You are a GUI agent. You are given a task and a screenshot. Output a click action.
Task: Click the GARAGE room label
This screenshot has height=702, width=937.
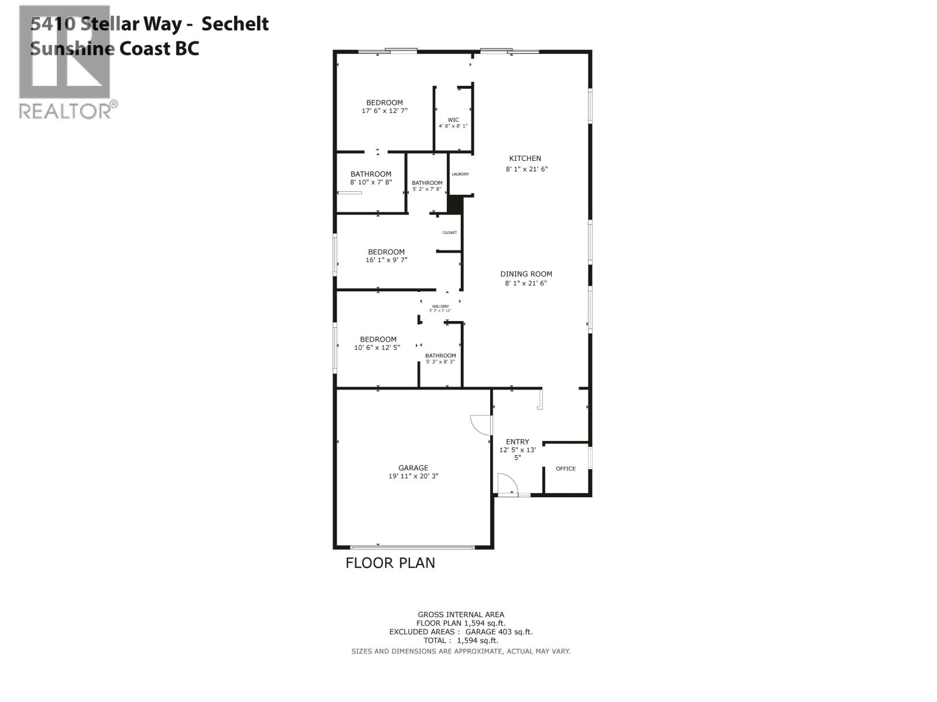(413, 468)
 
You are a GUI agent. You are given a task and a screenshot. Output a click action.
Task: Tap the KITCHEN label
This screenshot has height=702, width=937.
(525, 159)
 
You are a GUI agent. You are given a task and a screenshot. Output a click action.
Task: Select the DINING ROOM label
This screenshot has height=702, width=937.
(526, 274)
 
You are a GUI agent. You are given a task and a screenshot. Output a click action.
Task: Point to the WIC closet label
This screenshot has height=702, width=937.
(453, 120)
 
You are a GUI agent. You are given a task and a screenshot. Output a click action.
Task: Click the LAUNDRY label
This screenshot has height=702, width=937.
(460, 174)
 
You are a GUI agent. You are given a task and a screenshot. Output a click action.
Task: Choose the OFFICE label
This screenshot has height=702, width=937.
(566, 469)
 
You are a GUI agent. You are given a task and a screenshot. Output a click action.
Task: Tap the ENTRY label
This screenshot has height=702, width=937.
(518, 442)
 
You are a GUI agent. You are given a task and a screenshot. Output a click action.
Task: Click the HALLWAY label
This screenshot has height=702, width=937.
(440, 306)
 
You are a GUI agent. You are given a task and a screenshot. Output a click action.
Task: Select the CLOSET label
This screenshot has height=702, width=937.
(450, 233)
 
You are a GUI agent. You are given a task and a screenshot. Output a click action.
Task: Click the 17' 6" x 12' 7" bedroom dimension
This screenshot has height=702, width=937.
(385, 111)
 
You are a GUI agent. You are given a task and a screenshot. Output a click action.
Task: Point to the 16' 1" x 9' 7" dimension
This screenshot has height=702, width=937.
(387, 260)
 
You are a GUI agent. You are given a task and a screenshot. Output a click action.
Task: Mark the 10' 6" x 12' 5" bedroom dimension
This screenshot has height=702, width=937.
(378, 347)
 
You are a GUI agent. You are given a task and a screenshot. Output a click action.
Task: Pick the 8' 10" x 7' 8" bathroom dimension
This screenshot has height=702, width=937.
(371, 183)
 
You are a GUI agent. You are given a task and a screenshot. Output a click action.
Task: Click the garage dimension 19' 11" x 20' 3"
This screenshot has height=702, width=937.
(413, 476)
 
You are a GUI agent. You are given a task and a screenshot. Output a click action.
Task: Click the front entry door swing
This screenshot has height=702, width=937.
(507, 483)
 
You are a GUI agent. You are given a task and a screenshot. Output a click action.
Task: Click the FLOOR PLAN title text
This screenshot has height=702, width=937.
(390, 563)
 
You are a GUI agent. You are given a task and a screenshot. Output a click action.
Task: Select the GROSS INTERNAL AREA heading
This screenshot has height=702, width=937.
(461, 614)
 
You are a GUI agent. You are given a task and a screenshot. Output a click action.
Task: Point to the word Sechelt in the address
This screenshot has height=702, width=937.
(235, 24)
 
